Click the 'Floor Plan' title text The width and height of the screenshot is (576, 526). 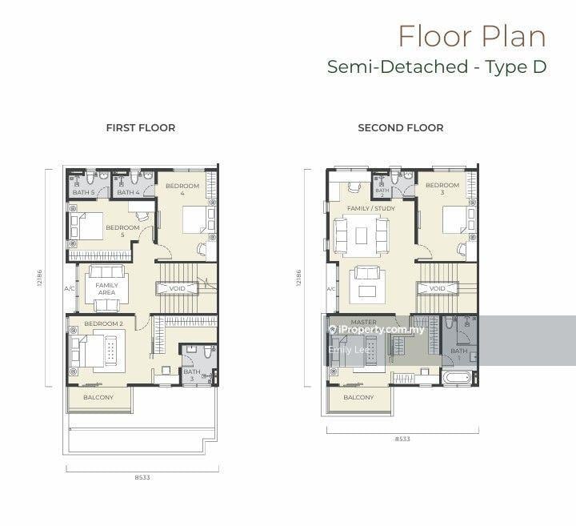(x=471, y=36)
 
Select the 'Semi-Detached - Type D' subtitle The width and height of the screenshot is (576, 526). (x=436, y=67)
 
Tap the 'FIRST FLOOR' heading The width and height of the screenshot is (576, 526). (x=141, y=127)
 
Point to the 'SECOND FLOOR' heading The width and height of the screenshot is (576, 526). (x=400, y=127)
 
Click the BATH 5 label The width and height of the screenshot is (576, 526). (x=83, y=192)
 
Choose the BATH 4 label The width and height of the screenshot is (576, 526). (x=128, y=192)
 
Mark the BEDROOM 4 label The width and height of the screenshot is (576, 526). (x=182, y=190)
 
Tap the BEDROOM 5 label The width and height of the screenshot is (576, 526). (x=123, y=231)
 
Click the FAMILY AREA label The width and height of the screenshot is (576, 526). (x=106, y=289)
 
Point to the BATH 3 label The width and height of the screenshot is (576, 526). (x=192, y=375)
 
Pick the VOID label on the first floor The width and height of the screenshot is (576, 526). (x=178, y=288)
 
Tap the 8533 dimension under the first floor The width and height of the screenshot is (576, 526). (x=142, y=477)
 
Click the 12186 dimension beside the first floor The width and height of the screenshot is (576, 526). (x=39, y=277)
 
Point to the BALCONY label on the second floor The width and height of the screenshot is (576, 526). (x=358, y=397)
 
